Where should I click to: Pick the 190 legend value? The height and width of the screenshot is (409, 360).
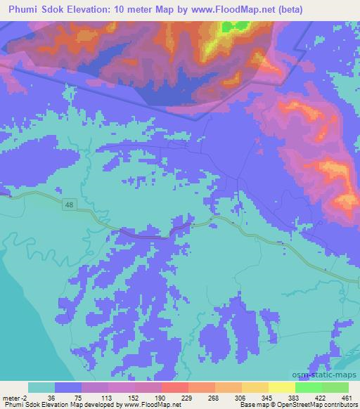coord(162,397)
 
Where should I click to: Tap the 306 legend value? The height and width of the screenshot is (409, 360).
coord(241,397)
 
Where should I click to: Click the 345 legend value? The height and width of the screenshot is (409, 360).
coord(268,397)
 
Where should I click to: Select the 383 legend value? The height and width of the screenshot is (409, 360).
coord(295,397)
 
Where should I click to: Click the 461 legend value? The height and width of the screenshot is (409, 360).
coord(347,397)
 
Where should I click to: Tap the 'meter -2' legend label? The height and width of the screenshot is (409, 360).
coord(15,397)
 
